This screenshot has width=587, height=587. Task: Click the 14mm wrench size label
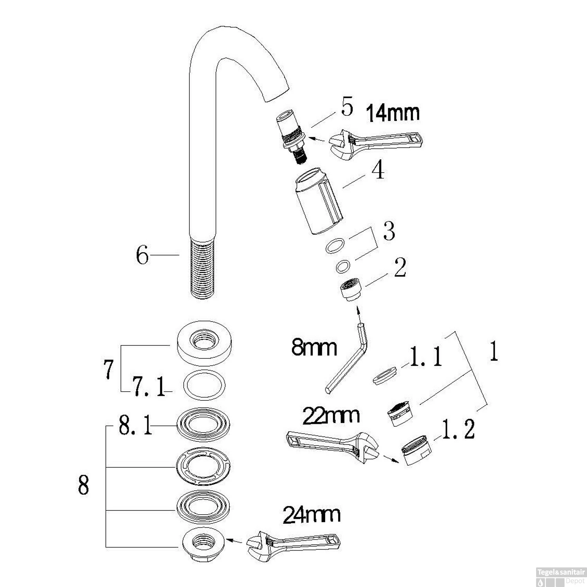pyautogui.click(x=393, y=113)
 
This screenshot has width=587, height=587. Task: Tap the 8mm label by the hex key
pyautogui.click(x=314, y=348)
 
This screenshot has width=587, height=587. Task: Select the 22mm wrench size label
pyautogui.click(x=331, y=415)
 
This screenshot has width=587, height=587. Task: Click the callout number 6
pyautogui.click(x=142, y=256)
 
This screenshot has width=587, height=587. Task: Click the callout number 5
pyautogui.click(x=347, y=108)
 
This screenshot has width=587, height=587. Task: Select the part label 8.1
pyautogui.click(x=135, y=426)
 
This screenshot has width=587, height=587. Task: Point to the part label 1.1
pyautogui.click(x=426, y=357)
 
